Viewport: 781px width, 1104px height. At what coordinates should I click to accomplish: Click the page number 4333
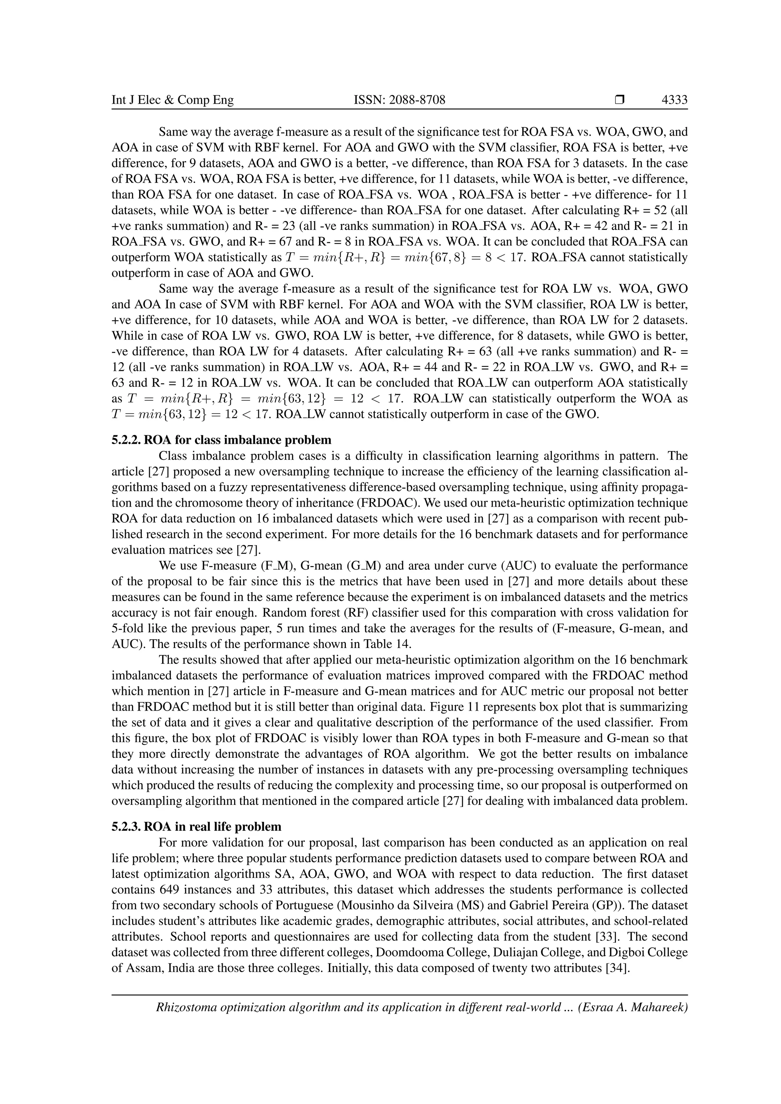tap(674, 100)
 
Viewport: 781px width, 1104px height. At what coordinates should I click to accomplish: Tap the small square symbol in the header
tap(619, 100)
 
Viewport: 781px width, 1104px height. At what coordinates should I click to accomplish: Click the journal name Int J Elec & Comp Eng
tap(173, 100)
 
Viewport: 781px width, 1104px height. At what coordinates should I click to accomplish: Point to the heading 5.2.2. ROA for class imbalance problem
tap(222, 440)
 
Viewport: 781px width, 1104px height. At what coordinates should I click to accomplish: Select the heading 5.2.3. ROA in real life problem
tap(197, 826)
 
